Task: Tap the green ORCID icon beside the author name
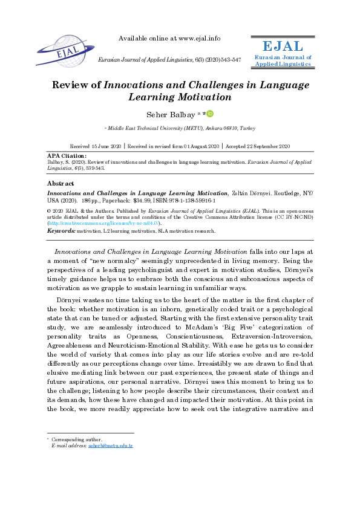(x=210, y=113)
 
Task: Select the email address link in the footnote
(x=119, y=446)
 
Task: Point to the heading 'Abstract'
(x=61, y=183)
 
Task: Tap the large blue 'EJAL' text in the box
(x=283, y=47)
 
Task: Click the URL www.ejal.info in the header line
(x=195, y=38)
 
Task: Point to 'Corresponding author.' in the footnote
(x=76, y=439)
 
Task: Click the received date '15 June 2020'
(x=107, y=146)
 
